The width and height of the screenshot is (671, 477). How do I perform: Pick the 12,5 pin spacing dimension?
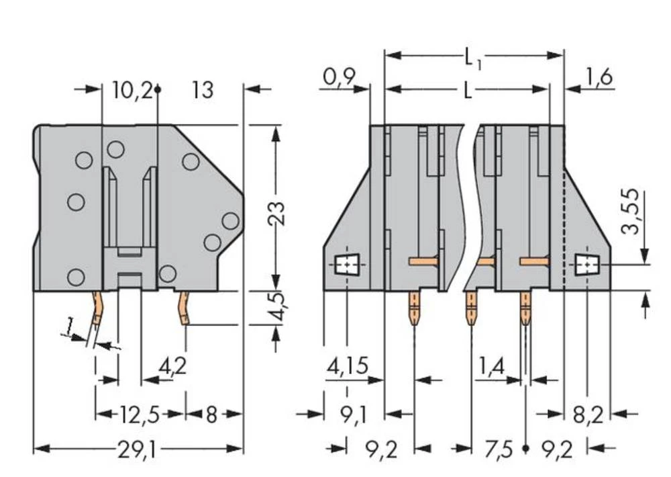click(x=140, y=415)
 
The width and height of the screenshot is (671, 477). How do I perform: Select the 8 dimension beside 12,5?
click(x=211, y=415)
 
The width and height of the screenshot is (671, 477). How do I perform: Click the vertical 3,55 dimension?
click(x=630, y=216)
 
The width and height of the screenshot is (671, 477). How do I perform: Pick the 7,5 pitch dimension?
click(x=498, y=449)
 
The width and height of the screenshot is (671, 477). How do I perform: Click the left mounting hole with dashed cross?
click(x=346, y=267)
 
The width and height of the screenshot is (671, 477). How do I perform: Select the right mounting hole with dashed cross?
click(x=588, y=267)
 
